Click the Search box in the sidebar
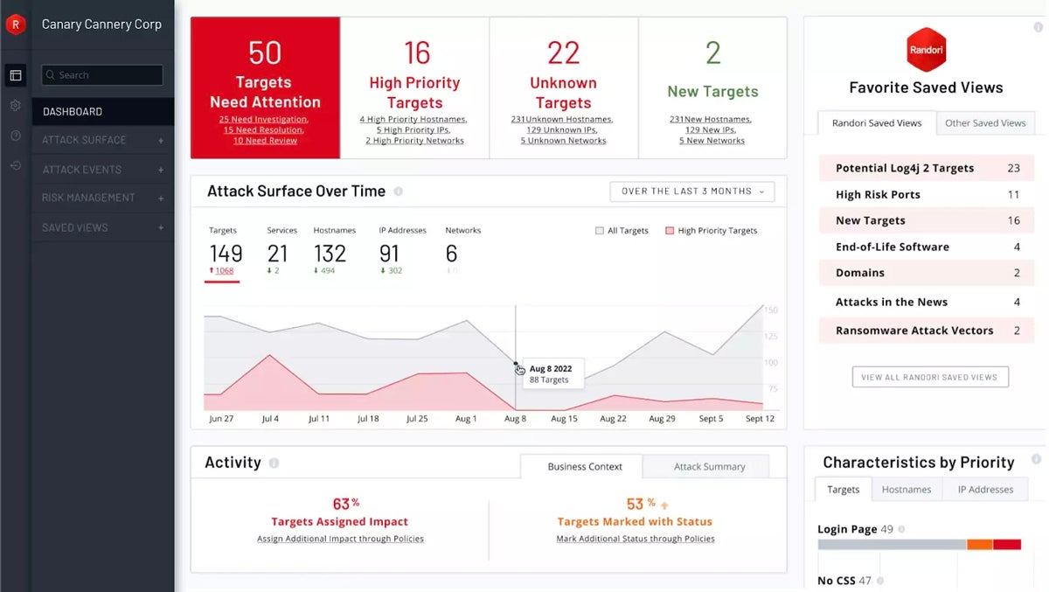pos(102,75)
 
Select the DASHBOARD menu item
pos(73,112)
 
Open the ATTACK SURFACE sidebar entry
pos(84,140)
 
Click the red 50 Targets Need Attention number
pos(265,53)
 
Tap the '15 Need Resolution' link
pos(265,129)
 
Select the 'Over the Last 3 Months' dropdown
pos(691,192)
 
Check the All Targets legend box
pos(600,231)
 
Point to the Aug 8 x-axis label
pos(515,419)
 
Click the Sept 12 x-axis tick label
pos(759,419)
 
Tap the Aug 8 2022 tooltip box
pos(549,374)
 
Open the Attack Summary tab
pos(709,467)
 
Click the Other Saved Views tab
pos(985,123)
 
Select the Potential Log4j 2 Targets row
pos(927,168)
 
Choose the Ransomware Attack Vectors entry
pos(927,331)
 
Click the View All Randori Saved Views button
pos(930,377)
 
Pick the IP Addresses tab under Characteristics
pos(985,490)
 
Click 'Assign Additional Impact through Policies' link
pos(340,539)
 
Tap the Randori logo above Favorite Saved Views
pos(926,50)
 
